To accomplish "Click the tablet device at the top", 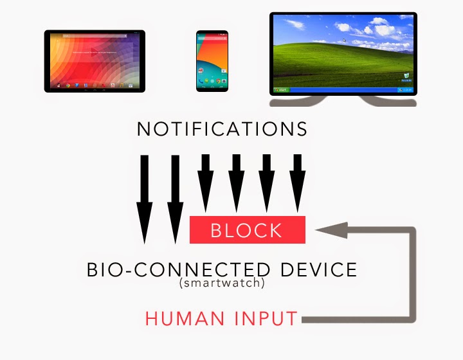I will pyautogui.click(x=94, y=61).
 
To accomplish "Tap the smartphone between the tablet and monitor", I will pyautogui.click(x=212, y=60).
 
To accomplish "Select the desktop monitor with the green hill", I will pyautogui.click(x=343, y=55).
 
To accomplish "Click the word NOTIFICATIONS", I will pyautogui.click(x=222, y=129).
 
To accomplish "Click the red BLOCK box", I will pyautogui.click(x=247, y=230).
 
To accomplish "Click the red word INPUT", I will pyautogui.click(x=266, y=318).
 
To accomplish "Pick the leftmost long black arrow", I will pyautogui.click(x=145, y=199).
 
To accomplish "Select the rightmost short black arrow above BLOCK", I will pyautogui.click(x=296, y=183).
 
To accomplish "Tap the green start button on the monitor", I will pyautogui.click(x=281, y=91).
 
